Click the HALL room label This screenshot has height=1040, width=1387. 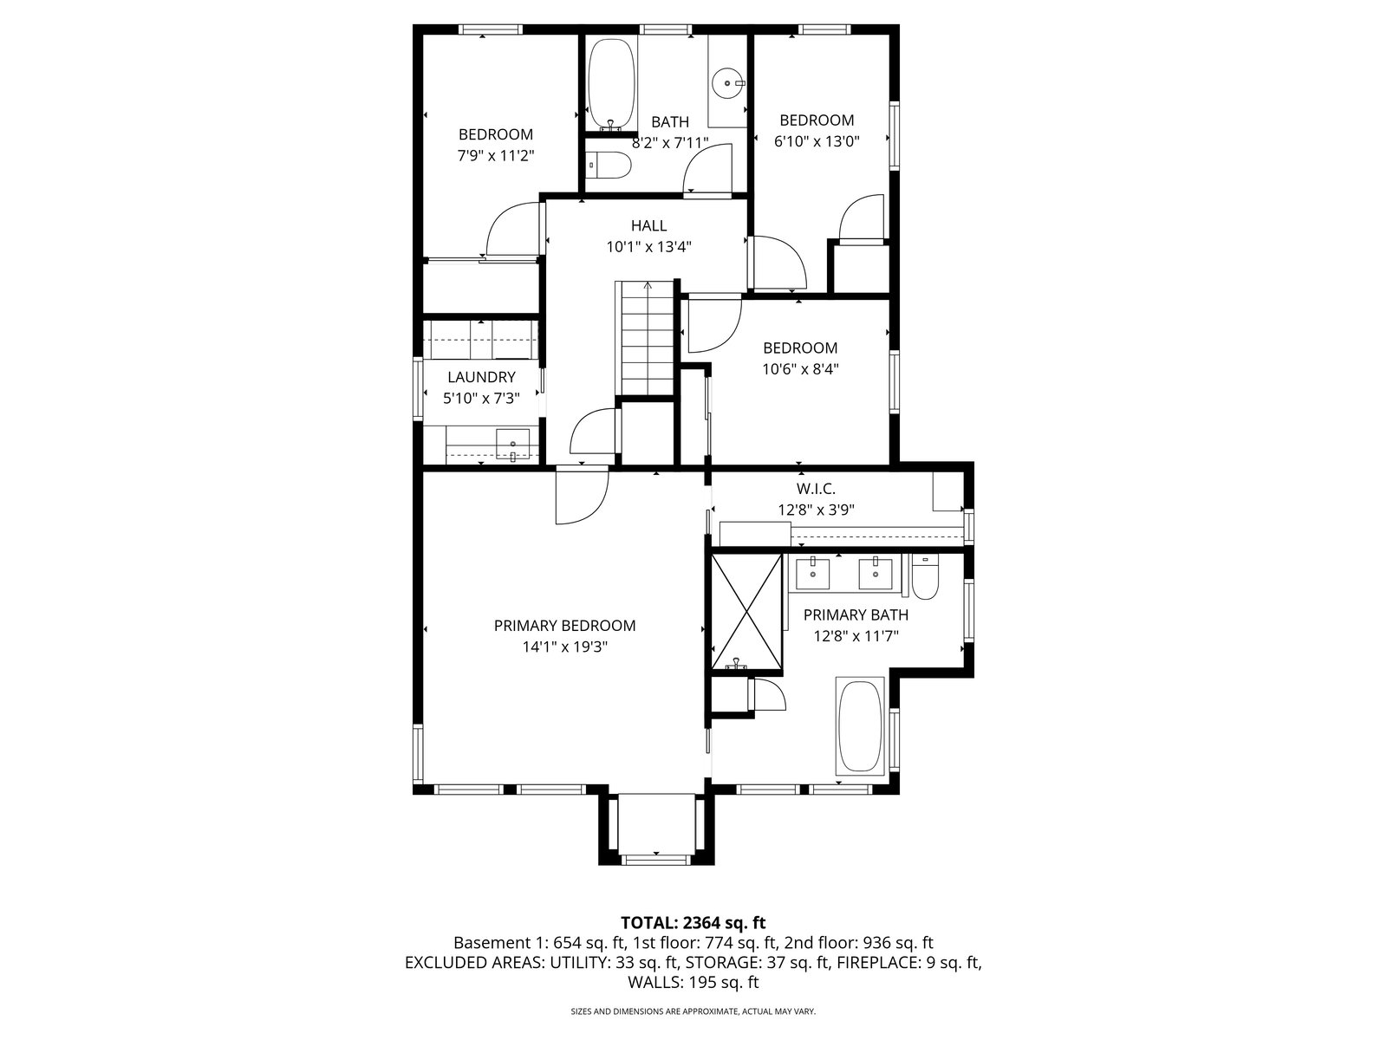coord(648,225)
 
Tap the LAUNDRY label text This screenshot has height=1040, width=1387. coord(481,377)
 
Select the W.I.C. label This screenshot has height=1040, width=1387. coord(816,489)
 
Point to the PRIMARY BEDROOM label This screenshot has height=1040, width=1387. coord(565,626)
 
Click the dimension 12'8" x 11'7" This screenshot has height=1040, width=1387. coord(856,636)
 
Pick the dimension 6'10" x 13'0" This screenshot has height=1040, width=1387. coord(817,141)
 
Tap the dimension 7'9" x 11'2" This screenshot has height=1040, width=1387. coord(496,155)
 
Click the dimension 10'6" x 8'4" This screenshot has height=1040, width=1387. coord(801,369)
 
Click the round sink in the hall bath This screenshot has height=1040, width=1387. coord(729,82)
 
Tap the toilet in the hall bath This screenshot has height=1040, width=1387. coord(608,166)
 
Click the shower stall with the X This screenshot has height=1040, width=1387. coord(747,611)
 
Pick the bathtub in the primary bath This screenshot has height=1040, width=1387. coord(859,727)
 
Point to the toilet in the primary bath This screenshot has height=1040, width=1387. coord(925,576)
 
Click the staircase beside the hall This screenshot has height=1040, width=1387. coord(647,339)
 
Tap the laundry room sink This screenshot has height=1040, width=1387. coord(512,445)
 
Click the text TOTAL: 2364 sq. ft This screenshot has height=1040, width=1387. coord(693,923)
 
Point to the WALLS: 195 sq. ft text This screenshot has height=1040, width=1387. coord(693,983)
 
